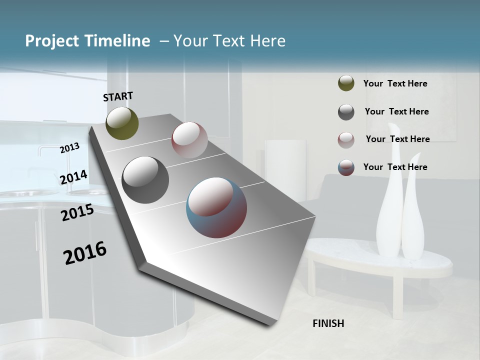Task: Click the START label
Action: (x=118, y=96)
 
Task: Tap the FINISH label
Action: (x=328, y=323)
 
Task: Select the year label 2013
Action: (x=70, y=147)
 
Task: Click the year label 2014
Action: (x=74, y=177)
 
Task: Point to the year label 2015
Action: (x=77, y=212)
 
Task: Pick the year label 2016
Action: (x=85, y=253)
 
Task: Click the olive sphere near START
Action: (x=122, y=123)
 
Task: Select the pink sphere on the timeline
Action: (x=189, y=140)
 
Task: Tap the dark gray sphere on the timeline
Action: (x=145, y=180)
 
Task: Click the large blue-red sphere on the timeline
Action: (x=216, y=207)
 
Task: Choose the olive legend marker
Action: (x=346, y=83)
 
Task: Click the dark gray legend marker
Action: (x=346, y=111)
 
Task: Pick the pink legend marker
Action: (x=346, y=139)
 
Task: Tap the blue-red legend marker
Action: (x=346, y=167)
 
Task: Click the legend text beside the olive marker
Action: (x=395, y=83)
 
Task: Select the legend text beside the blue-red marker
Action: (x=395, y=167)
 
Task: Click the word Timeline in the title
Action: (x=118, y=41)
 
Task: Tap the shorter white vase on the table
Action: (x=413, y=220)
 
